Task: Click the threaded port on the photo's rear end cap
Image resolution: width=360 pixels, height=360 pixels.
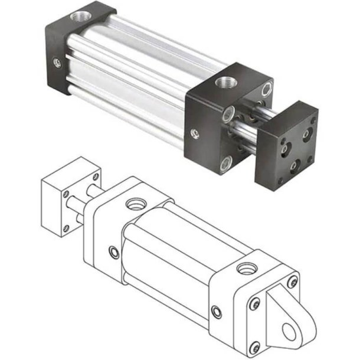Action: pos(77,12)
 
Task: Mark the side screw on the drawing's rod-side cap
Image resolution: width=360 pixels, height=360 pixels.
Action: pos(113,253)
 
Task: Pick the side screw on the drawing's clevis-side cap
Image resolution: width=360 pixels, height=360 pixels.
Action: pos(218,311)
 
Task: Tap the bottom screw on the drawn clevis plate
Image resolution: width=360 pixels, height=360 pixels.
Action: pos(254,346)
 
